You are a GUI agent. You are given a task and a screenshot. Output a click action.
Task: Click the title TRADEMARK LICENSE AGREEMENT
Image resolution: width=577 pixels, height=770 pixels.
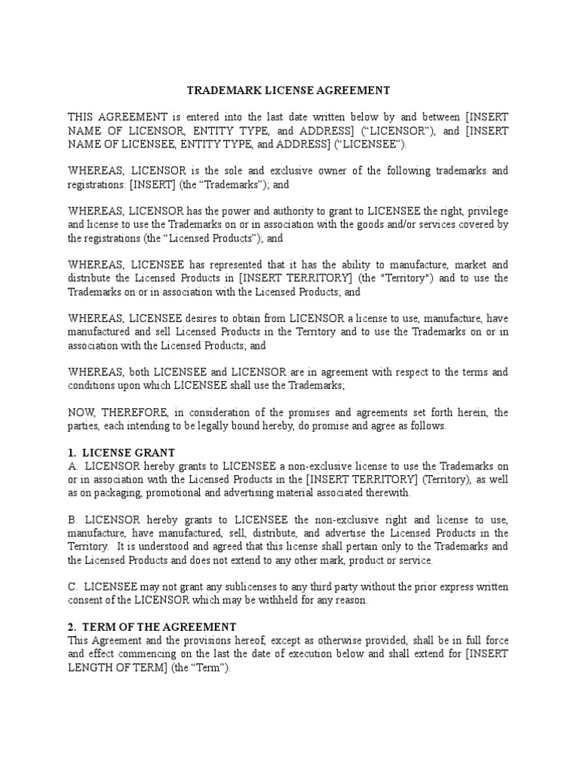(x=288, y=91)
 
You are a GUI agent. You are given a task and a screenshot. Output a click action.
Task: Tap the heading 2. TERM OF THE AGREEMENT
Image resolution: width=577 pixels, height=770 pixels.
(x=153, y=626)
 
